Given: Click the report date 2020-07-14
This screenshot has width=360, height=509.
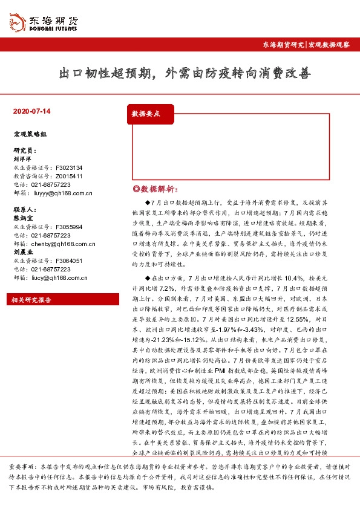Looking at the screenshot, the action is [31, 112].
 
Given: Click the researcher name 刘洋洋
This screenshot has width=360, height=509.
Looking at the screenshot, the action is [22, 159].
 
